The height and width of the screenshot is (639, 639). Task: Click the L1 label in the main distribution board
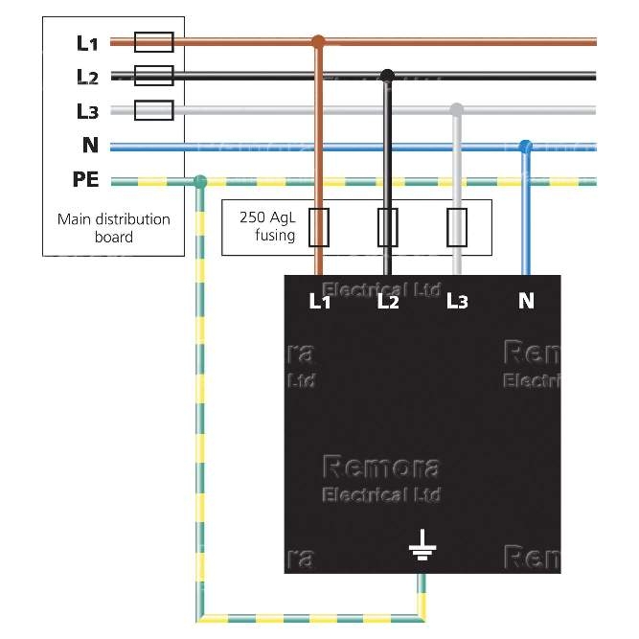click(x=87, y=42)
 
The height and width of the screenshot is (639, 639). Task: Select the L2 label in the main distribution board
click(x=87, y=77)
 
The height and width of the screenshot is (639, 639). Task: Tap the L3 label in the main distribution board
click(x=87, y=111)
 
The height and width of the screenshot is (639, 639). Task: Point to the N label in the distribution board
click(x=90, y=146)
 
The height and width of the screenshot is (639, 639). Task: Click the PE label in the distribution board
click(x=86, y=180)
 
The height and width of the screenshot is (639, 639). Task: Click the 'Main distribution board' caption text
click(x=113, y=228)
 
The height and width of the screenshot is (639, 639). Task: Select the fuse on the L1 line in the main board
click(x=153, y=41)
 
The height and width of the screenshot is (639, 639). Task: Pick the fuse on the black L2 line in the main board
click(x=153, y=76)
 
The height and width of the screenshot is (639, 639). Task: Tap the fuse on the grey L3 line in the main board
click(x=153, y=110)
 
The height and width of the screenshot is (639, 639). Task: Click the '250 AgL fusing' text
click(x=267, y=226)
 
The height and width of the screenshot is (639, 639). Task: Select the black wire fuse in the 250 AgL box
click(x=387, y=227)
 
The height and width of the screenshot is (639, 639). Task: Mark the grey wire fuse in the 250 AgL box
click(x=458, y=227)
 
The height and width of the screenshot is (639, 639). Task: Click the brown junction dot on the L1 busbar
click(x=319, y=42)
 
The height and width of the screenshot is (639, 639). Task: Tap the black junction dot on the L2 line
click(x=387, y=76)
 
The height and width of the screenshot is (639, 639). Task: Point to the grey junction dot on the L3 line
click(x=457, y=109)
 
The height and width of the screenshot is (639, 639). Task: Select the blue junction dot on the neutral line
click(x=525, y=147)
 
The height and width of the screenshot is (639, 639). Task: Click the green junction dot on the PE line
click(x=199, y=181)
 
